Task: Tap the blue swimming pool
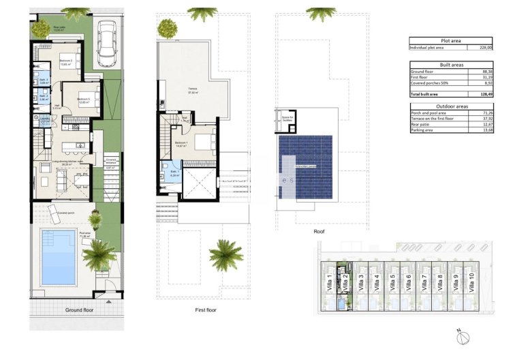point(58,257)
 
